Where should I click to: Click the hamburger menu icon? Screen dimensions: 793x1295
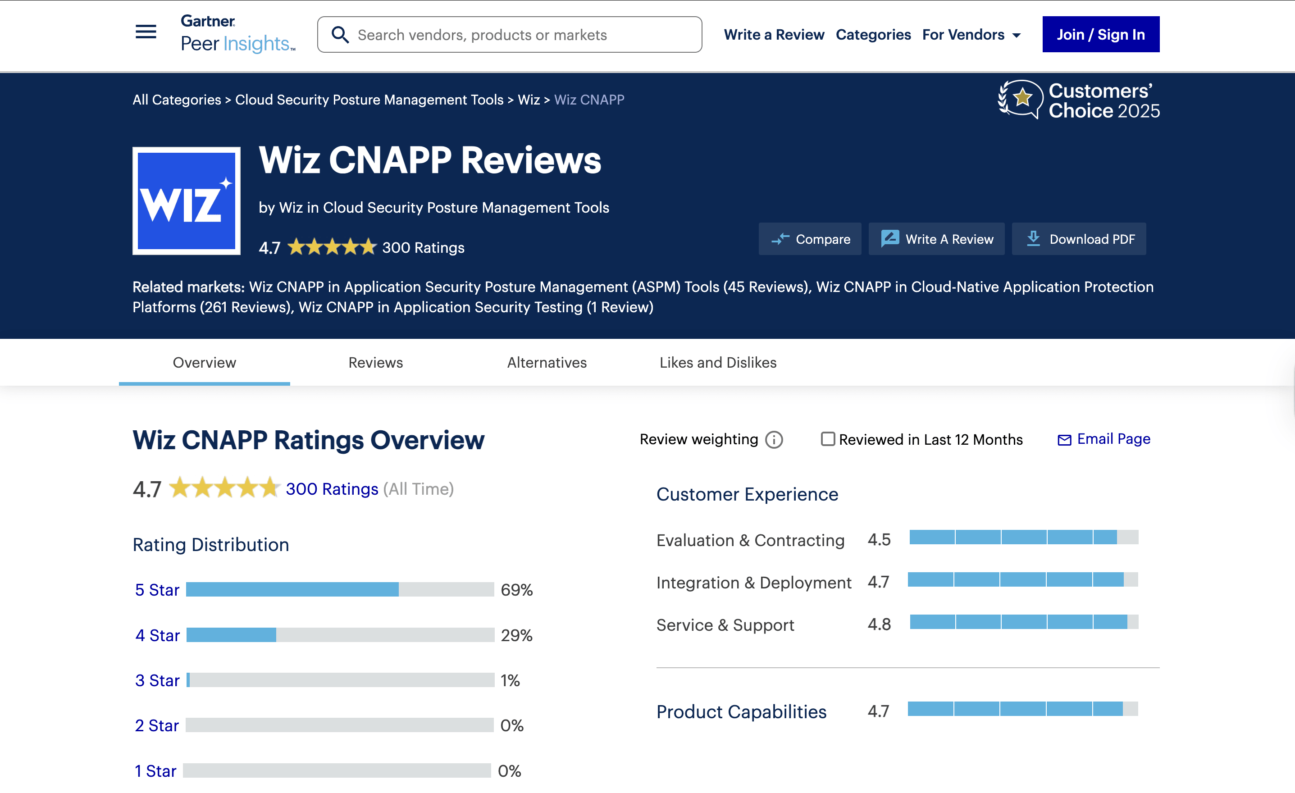click(146, 32)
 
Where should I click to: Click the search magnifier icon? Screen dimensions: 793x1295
click(340, 35)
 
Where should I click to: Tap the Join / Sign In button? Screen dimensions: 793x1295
click(1100, 35)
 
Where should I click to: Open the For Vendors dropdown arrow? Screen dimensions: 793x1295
click(1017, 36)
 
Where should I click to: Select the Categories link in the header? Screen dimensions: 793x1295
click(873, 35)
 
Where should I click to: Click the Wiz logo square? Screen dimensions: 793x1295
click(187, 201)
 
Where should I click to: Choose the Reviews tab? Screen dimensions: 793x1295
click(375, 363)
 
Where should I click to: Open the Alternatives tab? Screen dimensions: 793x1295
click(547, 363)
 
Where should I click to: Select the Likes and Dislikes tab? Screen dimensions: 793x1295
click(718, 363)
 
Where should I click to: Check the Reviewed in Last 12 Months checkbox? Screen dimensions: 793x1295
click(828, 439)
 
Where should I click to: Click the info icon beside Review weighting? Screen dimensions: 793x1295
click(774, 439)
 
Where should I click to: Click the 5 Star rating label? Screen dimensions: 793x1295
click(157, 590)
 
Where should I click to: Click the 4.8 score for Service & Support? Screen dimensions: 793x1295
click(879, 624)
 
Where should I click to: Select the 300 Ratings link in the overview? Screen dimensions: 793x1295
click(332, 489)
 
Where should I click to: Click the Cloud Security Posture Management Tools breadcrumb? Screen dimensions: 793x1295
click(369, 100)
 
